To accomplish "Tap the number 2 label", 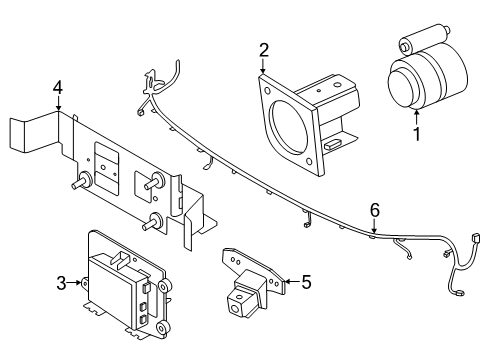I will click(x=264, y=51).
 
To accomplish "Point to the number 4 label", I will click(x=57, y=88).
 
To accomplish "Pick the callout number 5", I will click(x=306, y=283).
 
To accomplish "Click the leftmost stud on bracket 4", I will click(x=77, y=185).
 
